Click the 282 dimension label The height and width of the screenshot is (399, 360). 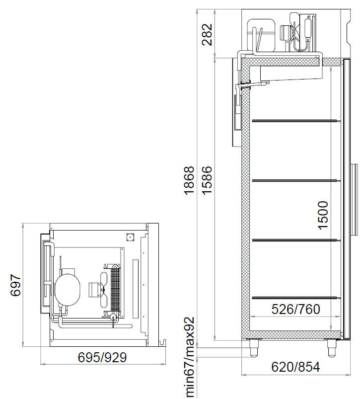(207, 34)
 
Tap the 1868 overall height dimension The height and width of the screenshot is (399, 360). (189, 181)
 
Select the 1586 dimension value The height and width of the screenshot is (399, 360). (207, 180)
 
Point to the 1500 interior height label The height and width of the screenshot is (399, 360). (323, 215)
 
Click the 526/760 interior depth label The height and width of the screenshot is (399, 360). (295, 310)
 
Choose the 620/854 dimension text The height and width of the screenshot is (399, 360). (295, 367)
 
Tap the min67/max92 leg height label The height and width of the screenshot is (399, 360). (190, 357)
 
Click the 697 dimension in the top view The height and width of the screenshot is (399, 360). (16, 285)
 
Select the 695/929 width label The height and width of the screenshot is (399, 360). (102, 357)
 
